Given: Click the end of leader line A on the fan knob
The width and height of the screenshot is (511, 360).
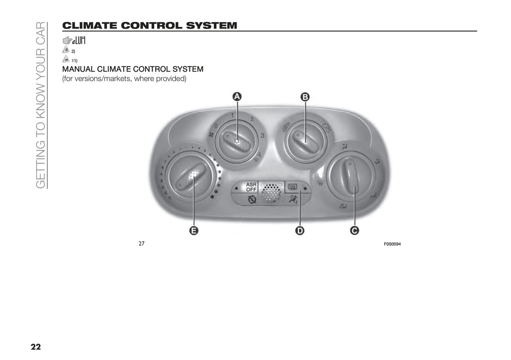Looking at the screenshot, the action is [237, 141].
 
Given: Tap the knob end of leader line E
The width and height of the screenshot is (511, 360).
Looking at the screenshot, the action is [194, 178].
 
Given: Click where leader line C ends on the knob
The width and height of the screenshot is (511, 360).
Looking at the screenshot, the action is [355, 187].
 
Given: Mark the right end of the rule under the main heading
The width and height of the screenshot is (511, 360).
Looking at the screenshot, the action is [477, 31].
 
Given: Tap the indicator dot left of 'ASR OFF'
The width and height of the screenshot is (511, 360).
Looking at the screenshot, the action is [237, 188].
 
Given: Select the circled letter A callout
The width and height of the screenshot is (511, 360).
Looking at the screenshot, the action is [237, 97].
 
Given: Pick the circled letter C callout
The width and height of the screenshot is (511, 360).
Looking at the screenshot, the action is [354, 231].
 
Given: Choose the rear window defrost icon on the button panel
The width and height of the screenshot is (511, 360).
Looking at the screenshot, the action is [293, 187].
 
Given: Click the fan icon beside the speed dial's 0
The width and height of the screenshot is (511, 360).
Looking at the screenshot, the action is [211, 135].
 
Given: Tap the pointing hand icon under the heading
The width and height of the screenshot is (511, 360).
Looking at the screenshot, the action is [67, 40].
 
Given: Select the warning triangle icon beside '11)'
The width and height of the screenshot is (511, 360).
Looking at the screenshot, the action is [66, 59].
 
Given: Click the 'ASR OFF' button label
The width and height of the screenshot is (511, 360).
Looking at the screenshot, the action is [251, 187].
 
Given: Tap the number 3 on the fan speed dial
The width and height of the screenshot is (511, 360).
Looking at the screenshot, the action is [262, 136].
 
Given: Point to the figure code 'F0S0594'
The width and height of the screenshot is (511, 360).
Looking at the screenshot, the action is [392, 244].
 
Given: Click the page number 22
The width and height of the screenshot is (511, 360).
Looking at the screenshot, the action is [36, 347].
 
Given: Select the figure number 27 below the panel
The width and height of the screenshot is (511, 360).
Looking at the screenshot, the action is [141, 243].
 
